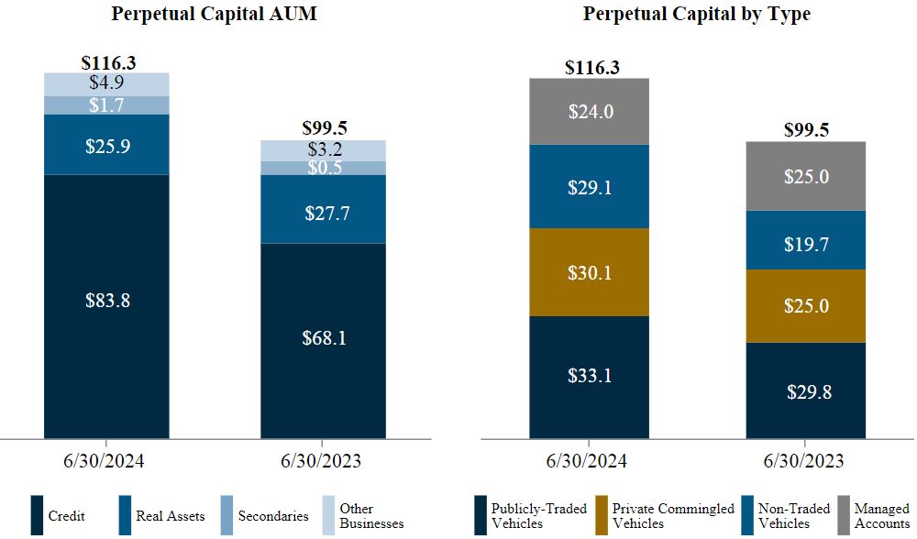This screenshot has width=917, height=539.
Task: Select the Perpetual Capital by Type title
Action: (696, 15)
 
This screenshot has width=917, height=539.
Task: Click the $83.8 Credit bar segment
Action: (107, 301)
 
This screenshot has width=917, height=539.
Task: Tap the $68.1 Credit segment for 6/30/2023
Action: (324, 338)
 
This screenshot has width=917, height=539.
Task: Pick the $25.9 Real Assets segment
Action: (107, 145)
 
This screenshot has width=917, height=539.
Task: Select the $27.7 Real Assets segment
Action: (324, 214)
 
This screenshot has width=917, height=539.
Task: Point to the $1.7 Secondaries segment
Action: (107, 105)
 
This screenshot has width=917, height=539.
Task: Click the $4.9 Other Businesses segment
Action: (107, 83)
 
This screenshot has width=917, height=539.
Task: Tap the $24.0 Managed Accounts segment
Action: (590, 112)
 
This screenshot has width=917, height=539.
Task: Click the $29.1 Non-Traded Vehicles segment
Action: (590, 187)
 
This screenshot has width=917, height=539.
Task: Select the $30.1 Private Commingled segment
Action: (590, 272)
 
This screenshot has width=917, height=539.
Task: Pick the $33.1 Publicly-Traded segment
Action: (590, 376)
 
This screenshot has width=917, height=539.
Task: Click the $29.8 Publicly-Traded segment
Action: (806, 391)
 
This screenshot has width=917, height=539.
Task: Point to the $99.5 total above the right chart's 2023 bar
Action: (806, 130)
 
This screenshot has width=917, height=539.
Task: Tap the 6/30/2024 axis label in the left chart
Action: (107, 461)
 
